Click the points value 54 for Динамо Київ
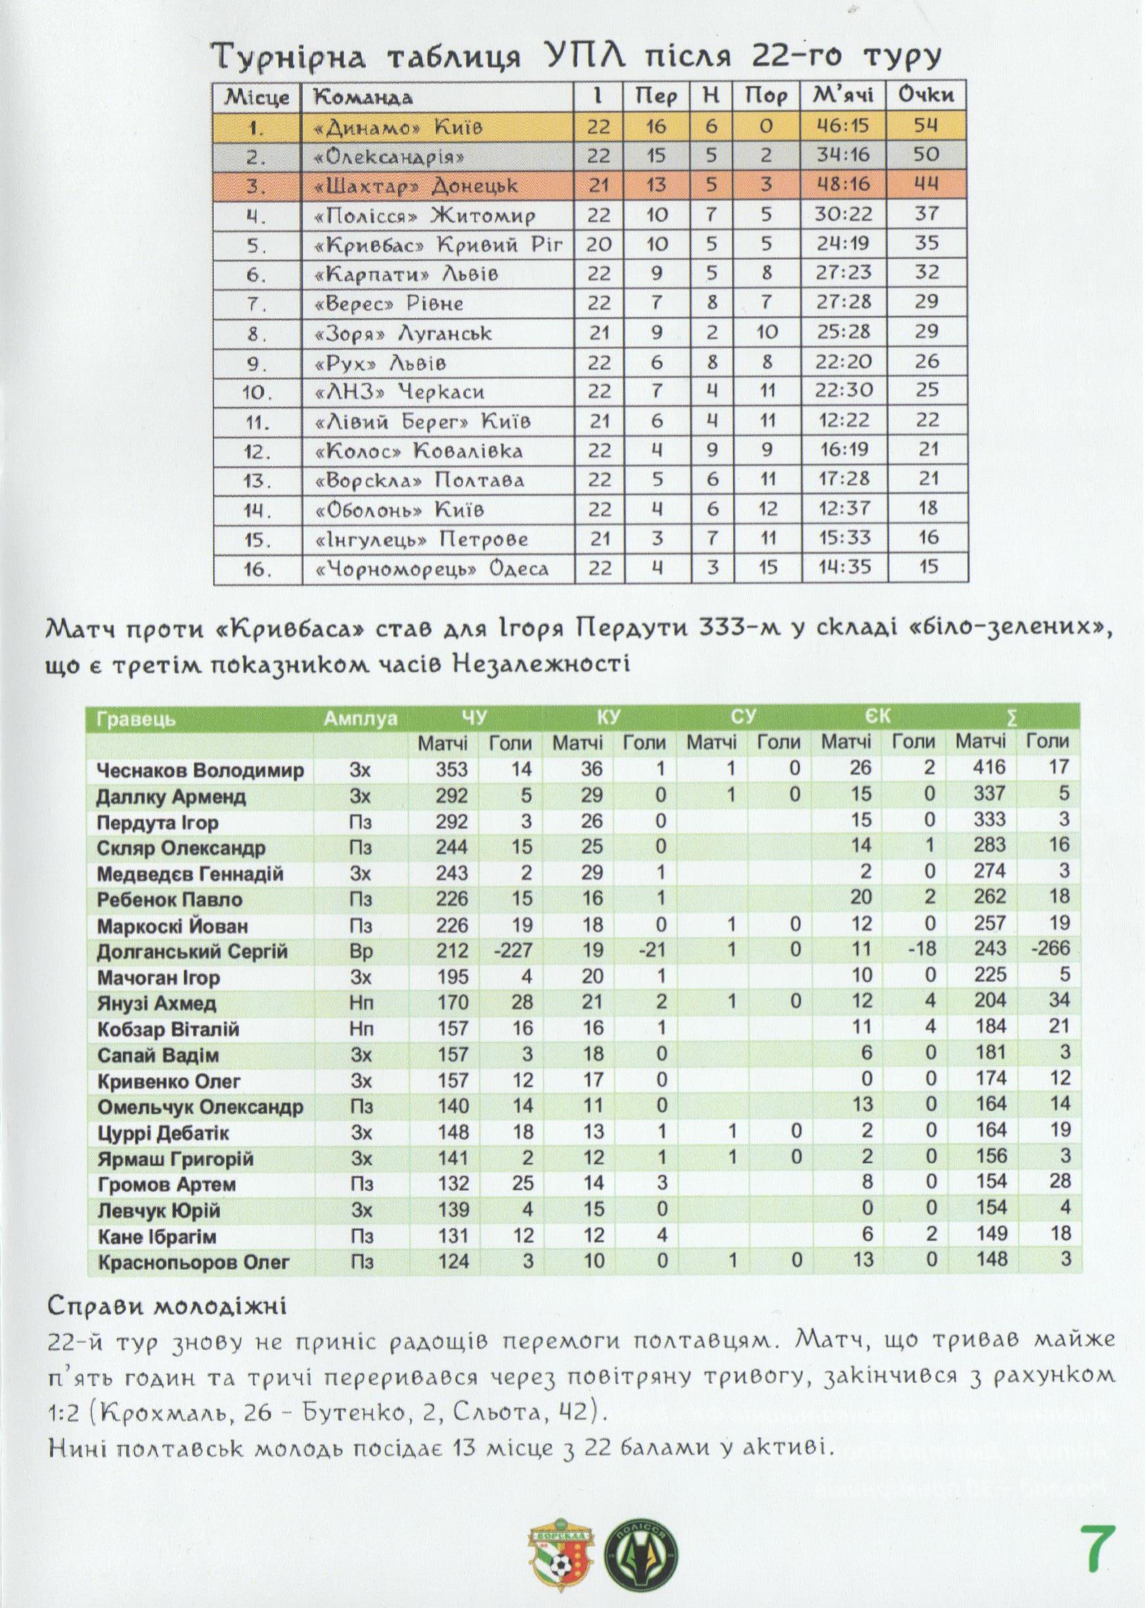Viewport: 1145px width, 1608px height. [x=926, y=125]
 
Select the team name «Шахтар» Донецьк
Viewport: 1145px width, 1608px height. [x=415, y=186]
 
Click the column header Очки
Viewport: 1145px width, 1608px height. [x=926, y=95]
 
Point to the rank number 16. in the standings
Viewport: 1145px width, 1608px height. [x=258, y=569]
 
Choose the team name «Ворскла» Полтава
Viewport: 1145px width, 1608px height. [x=420, y=481]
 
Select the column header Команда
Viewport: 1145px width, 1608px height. [x=363, y=97]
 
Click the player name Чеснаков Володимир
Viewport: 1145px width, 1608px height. [x=200, y=770]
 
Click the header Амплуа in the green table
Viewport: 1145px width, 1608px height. [x=360, y=719]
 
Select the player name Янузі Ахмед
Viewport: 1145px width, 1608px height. [x=156, y=1003]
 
